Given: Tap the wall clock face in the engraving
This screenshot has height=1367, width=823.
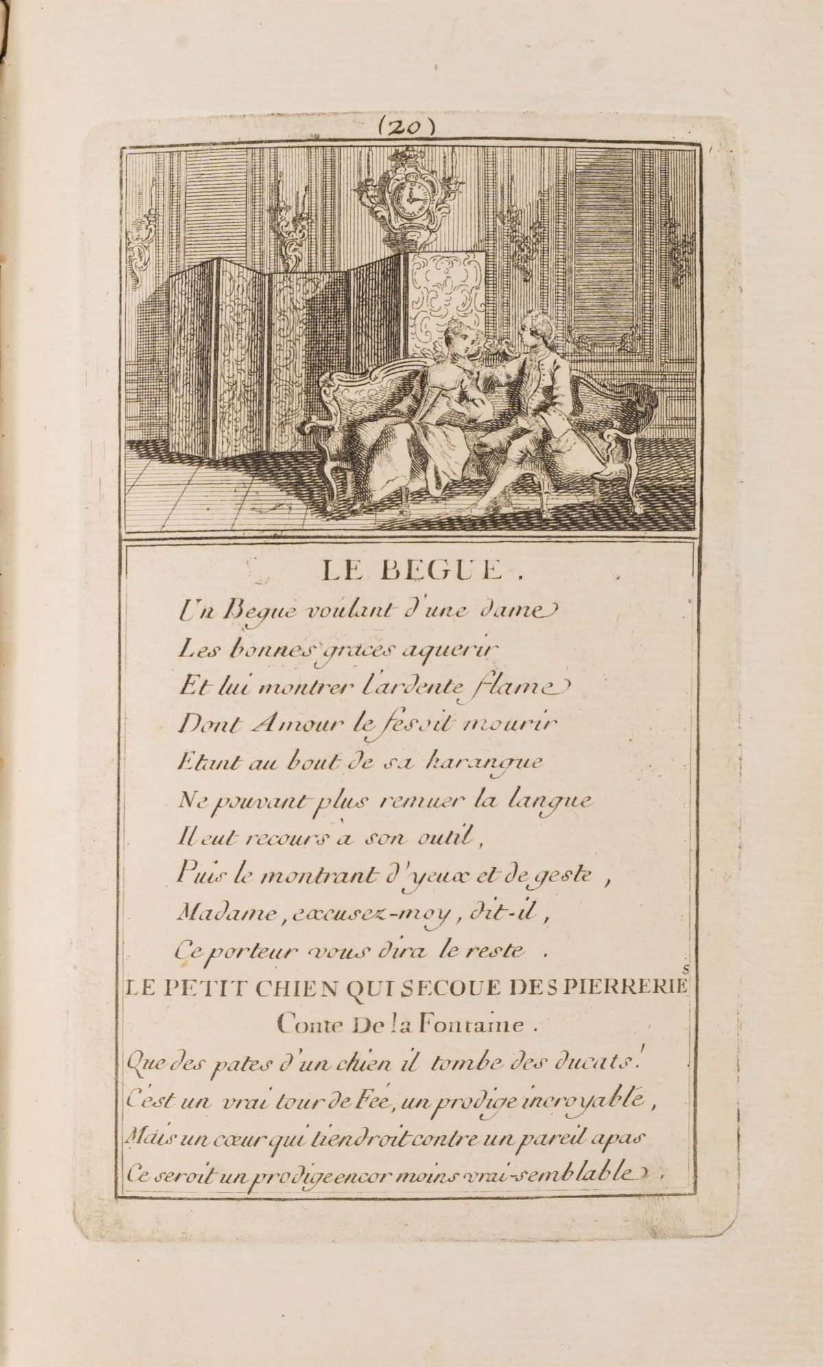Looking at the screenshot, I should (411, 198).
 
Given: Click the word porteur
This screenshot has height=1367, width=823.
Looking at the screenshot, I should (243, 951).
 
